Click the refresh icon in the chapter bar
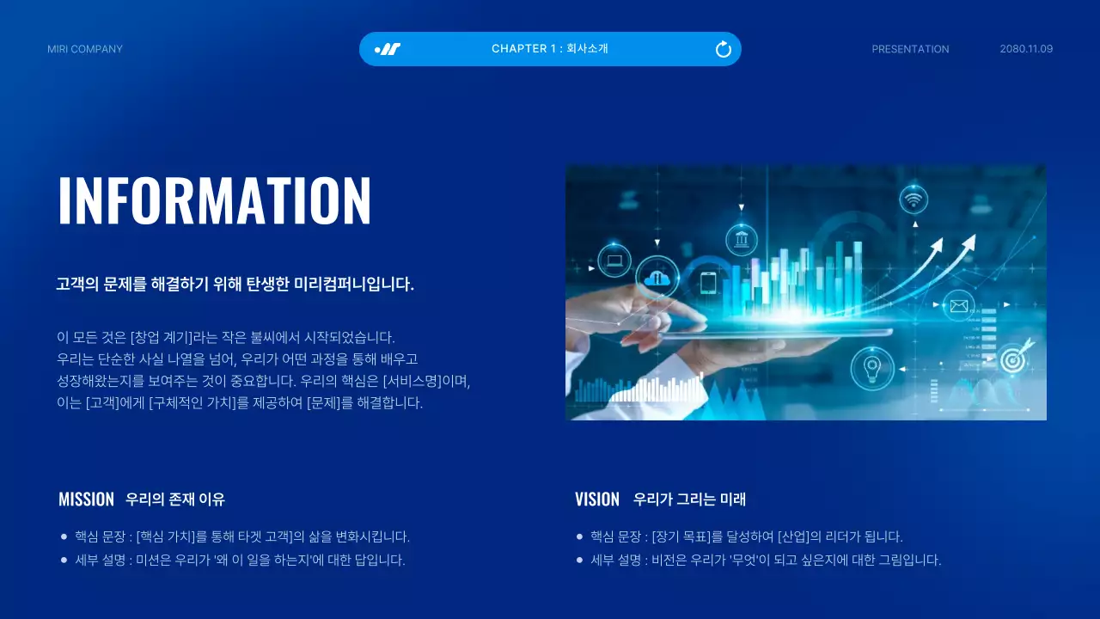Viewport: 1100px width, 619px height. click(x=724, y=49)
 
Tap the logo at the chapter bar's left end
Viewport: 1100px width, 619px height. click(x=388, y=49)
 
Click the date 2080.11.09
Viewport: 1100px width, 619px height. click(x=1026, y=49)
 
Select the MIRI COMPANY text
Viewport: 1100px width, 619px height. click(x=85, y=49)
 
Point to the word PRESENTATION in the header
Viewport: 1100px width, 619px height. click(x=910, y=49)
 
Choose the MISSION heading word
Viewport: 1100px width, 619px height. click(x=86, y=499)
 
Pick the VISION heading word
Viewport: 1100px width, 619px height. click(x=597, y=499)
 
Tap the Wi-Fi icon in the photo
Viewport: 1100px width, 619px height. click(x=914, y=200)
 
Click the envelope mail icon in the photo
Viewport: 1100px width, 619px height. click(x=958, y=305)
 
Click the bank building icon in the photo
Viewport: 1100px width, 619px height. click(x=741, y=240)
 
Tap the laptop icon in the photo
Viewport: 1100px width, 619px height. click(x=614, y=260)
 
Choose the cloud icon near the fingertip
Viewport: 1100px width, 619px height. click(x=659, y=278)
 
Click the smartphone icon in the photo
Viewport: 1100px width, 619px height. click(x=708, y=283)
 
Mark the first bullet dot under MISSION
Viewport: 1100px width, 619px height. click(x=64, y=536)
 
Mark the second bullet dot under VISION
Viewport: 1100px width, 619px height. click(x=579, y=560)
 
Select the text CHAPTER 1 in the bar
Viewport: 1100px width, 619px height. click(x=523, y=49)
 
